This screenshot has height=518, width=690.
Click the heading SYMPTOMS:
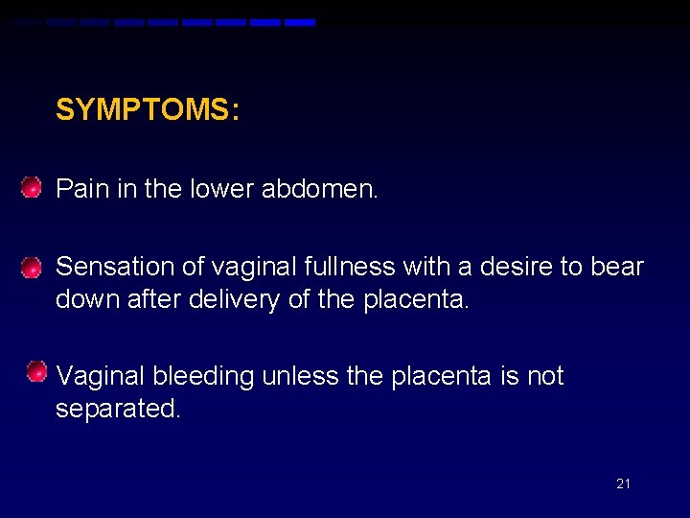tap(147, 110)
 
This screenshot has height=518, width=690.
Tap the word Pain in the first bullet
tap(81, 188)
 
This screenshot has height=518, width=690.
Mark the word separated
tap(118, 409)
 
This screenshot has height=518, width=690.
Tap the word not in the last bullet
tap(545, 377)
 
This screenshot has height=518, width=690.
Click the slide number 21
tap(623, 483)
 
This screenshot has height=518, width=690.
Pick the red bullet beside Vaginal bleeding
tap(36, 371)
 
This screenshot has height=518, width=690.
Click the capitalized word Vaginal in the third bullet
tap(101, 377)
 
